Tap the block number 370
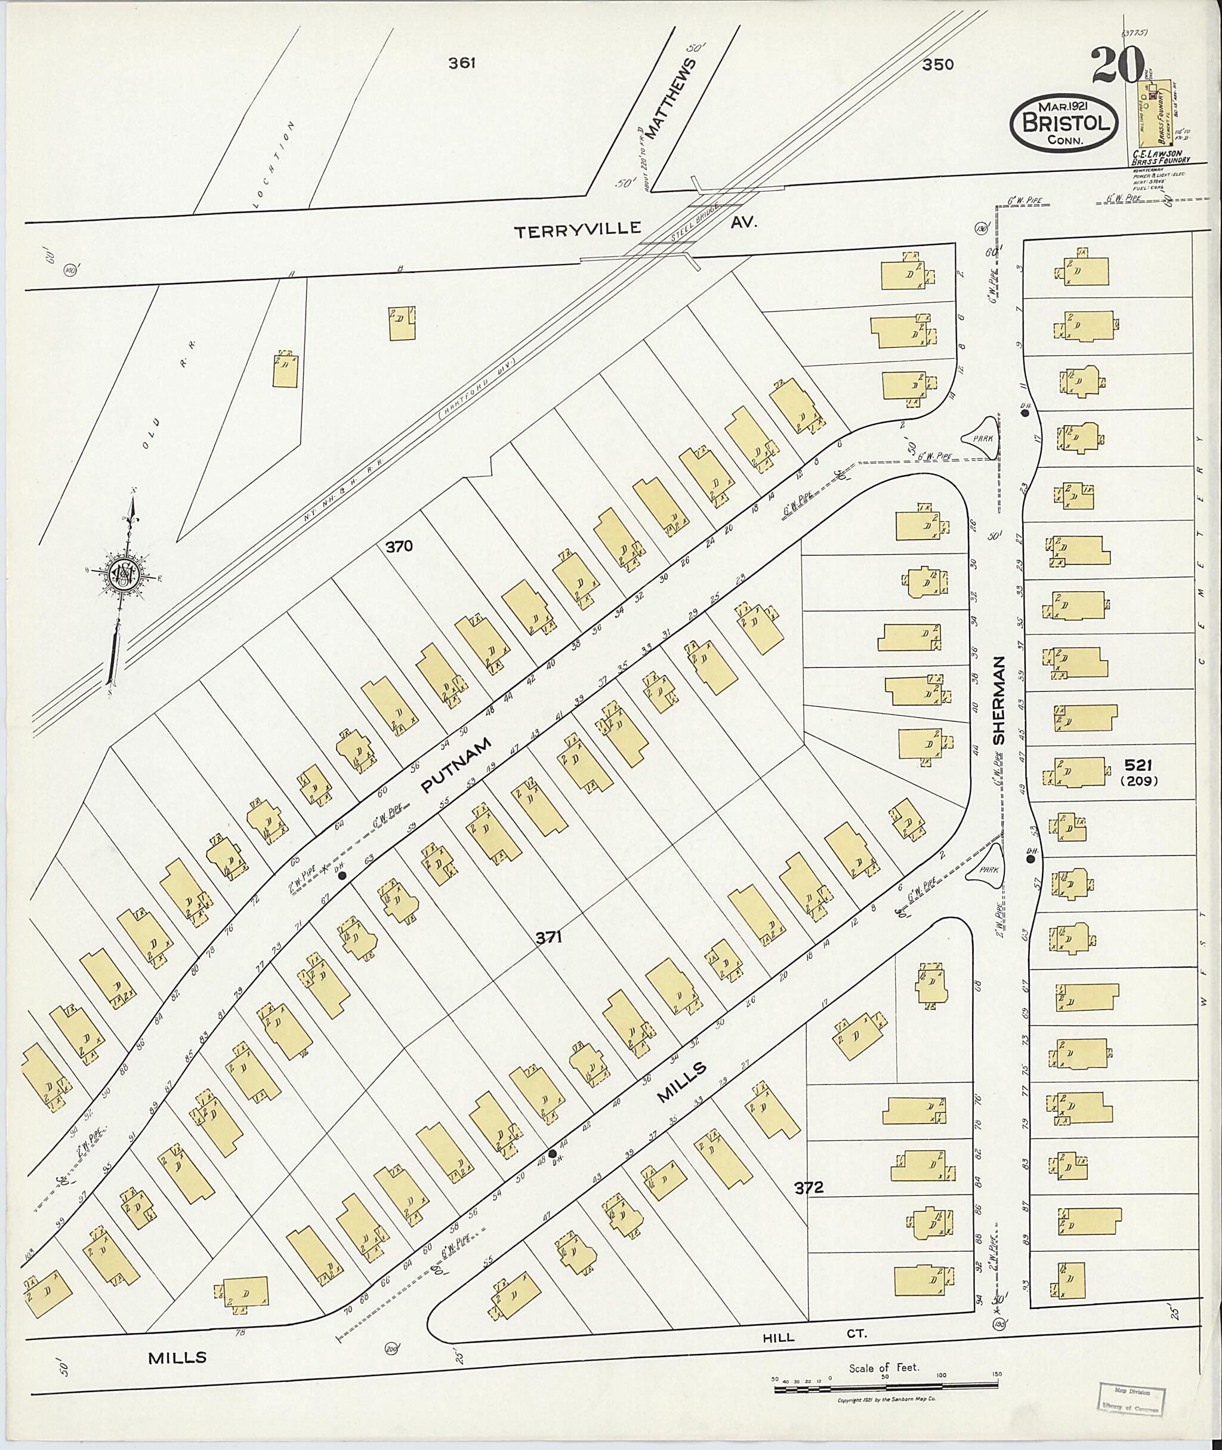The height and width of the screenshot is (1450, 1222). pos(399,546)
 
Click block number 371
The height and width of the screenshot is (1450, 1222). pos(547,938)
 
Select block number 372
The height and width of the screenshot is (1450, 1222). pos(809,1187)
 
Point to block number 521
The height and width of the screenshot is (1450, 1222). pos(1138,765)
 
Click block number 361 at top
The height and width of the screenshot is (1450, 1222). pos(461,63)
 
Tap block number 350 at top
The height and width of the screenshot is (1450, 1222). pos(938,64)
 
